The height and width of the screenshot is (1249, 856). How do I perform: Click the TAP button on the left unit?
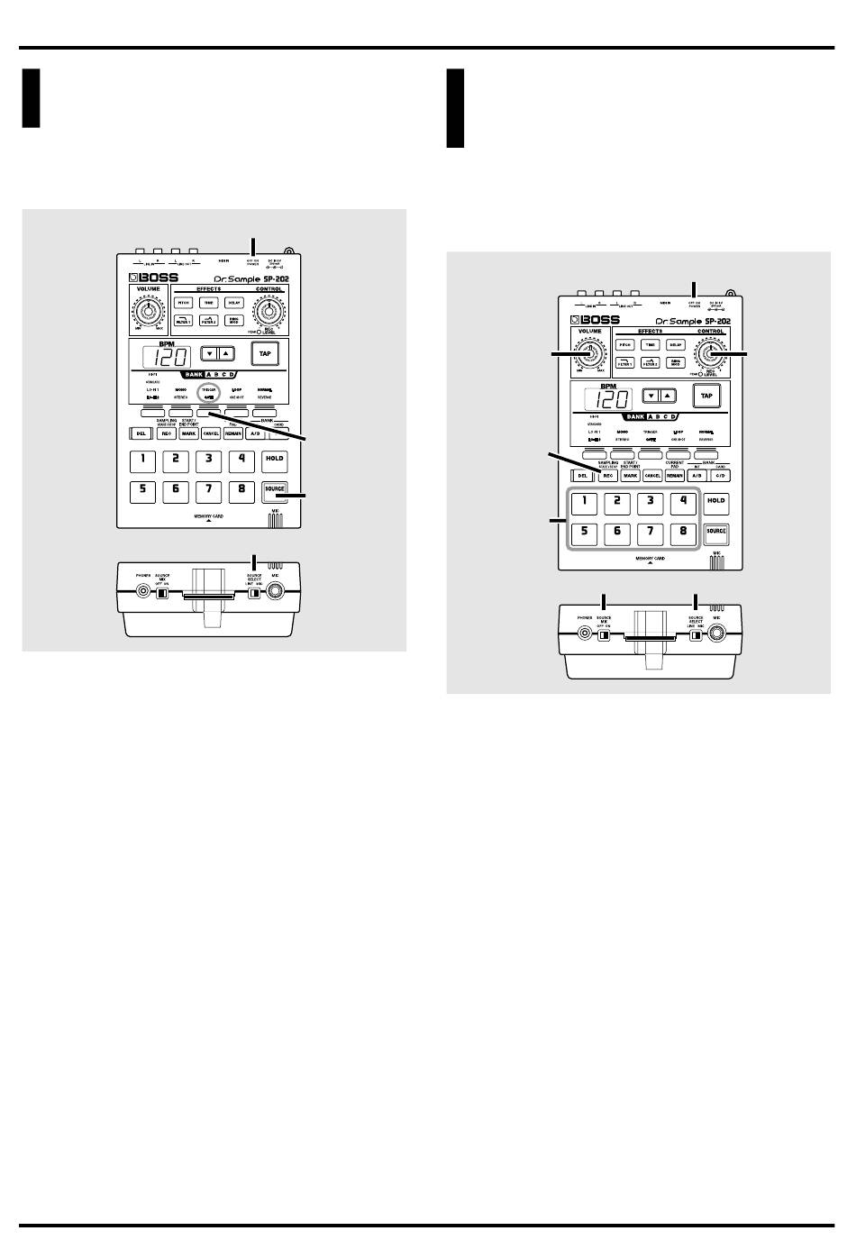click(x=265, y=354)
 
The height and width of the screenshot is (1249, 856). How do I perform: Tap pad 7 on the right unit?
click(x=650, y=531)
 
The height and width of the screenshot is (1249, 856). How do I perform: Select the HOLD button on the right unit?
click(x=716, y=501)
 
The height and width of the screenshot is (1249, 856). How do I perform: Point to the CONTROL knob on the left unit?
click(x=268, y=312)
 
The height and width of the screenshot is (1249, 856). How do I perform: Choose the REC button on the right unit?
click(x=608, y=475)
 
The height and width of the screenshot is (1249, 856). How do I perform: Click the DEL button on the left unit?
click(x=141, y=433)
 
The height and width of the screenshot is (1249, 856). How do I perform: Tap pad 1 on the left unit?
click(x=141, y=460)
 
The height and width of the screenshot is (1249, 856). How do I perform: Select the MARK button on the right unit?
click(x=631, y=475)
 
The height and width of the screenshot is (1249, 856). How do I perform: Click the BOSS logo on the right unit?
click(x=594, y=320)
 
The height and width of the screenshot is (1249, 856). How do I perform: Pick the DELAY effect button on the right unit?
click(x=675, y=345)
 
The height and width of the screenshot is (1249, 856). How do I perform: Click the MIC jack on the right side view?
click(x=716, y=634)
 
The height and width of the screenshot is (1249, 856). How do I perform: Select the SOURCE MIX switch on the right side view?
click(x=605, y=634)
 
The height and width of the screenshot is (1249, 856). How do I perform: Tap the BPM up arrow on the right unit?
click(x=667, y=395)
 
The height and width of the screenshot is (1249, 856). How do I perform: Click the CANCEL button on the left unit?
click(x=211, y=433)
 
